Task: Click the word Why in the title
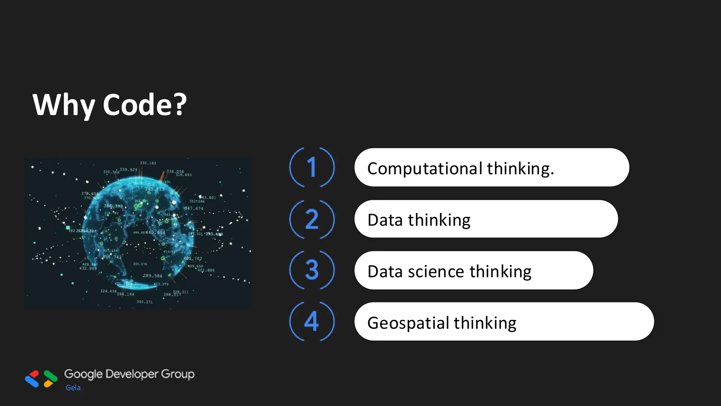click(63, 105)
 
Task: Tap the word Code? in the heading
click(145, 105)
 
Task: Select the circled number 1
click(312, 167)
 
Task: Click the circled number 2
click(312, 219)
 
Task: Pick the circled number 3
click(312, 270)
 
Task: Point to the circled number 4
click(312, 321)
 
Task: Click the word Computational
click(425, 168)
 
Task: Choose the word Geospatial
click(408, 323)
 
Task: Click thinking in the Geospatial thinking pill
click(485, 323)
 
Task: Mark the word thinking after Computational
click(520, 168)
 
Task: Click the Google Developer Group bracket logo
click(41, 379)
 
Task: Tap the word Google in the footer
click(83, 374)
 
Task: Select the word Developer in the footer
click(132, 374)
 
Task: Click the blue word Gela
click(73, 388)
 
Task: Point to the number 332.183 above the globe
click(148, 163)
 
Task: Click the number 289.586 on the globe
click(152, 276)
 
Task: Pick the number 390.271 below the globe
click(144, 302)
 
